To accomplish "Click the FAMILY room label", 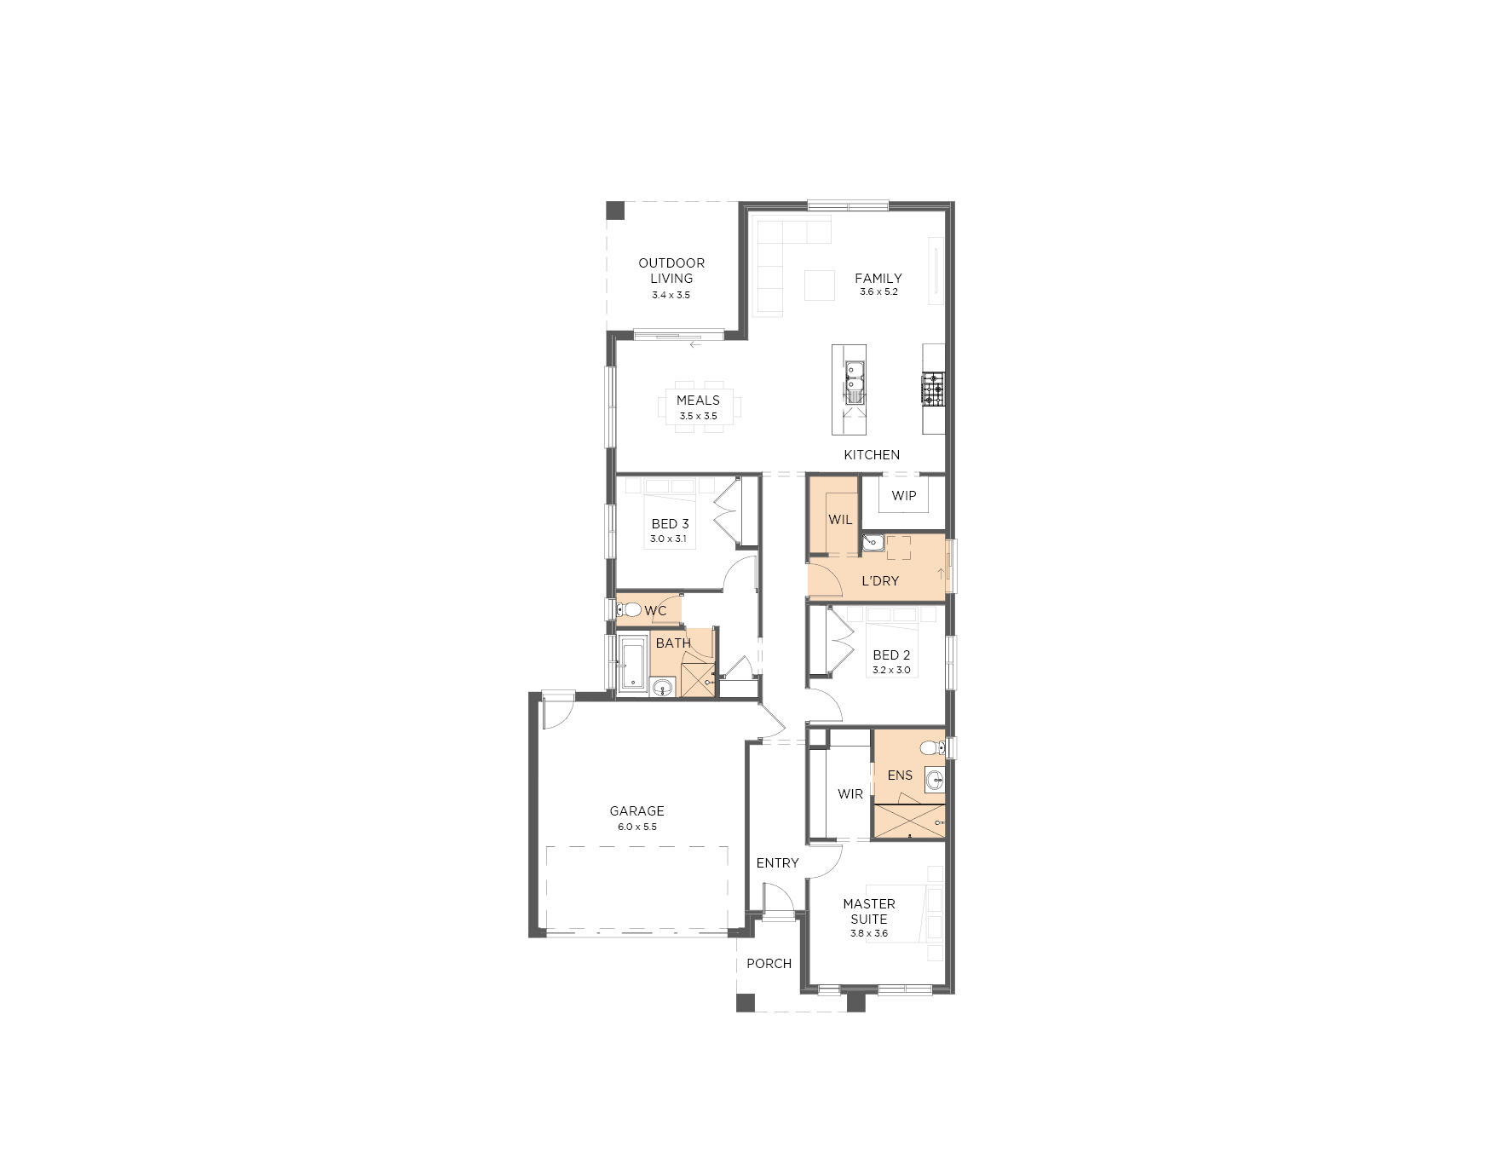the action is point(878,278).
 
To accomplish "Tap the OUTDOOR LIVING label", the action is point(671,270).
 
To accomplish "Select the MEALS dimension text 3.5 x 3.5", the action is point(698,416).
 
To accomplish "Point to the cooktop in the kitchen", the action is point(933,389).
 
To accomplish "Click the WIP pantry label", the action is point(903,495).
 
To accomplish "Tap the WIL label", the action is point(840,519).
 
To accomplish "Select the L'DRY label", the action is point(880,581).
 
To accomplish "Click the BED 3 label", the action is point(670,523).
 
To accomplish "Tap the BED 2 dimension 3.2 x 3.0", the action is point(891,670).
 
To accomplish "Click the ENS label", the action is point(900,775).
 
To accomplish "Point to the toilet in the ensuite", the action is point(933,748).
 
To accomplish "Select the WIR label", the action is point(850,793).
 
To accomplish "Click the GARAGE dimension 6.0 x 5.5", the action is point(637,827).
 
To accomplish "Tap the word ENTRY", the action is point(777,862).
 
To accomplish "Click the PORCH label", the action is point(769,963).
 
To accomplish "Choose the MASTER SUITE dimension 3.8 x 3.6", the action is point(869,933).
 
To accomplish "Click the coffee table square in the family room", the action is point(820,285).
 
